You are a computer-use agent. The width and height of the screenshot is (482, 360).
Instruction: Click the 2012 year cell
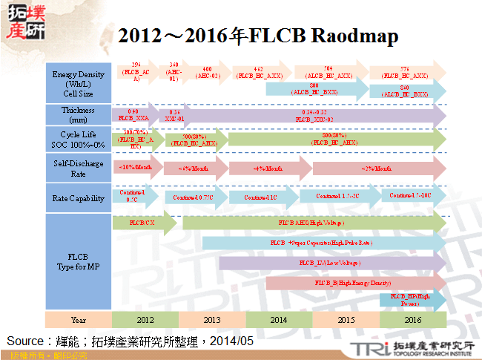coord(145,319)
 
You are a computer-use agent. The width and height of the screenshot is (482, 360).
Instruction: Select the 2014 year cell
coord(279,319)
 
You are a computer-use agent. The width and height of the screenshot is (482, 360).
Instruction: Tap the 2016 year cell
coord(412,319)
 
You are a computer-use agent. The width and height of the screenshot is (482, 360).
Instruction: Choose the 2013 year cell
coord(212,319)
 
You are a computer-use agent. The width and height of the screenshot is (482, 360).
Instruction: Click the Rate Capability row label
coord(78,198)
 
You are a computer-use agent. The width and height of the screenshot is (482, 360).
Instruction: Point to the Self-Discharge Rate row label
coord(78,168)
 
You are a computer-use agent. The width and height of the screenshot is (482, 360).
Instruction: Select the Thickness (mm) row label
coord(78,114)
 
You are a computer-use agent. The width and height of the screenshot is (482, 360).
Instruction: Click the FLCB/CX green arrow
coord(143,223)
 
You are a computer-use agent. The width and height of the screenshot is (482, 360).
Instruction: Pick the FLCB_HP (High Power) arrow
coord(411,299)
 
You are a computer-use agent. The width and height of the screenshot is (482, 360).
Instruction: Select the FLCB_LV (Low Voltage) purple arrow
coord(330,263)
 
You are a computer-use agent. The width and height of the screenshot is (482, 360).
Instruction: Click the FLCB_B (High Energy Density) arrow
coord(353,283)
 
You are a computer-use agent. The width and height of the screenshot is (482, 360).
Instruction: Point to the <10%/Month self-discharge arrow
coord(136,167)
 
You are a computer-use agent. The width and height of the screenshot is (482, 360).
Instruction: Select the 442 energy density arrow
coord(260,72)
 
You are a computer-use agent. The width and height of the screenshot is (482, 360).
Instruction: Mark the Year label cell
coord(78,319)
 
